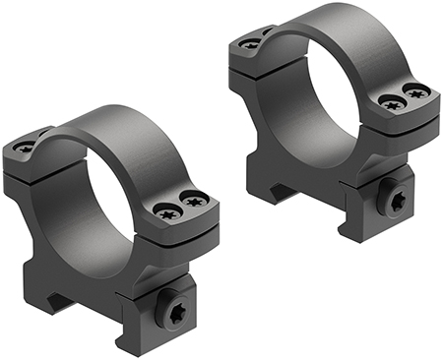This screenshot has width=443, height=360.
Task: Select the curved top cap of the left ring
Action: [128, 128]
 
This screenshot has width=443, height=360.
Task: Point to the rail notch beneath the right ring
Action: [295, 192]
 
